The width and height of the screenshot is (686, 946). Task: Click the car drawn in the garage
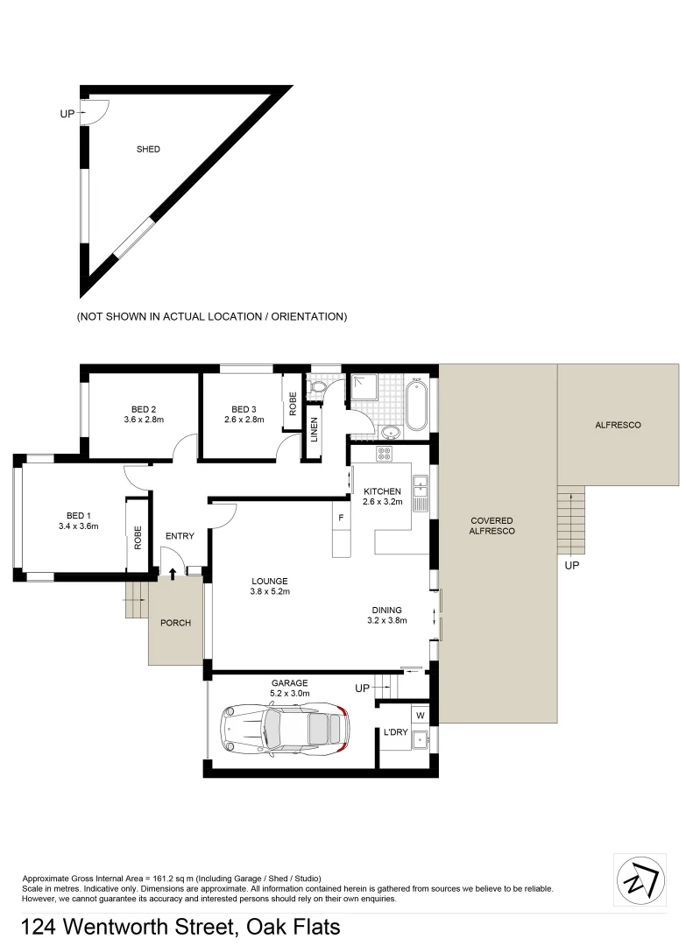283,730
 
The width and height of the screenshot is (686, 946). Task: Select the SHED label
148,149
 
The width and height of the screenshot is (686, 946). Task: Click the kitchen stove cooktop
384,453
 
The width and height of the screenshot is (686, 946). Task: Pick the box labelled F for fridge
341,518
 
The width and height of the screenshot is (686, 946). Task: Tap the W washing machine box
419,715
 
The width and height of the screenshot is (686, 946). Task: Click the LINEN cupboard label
314,428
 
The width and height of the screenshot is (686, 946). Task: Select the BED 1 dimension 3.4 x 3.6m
77,526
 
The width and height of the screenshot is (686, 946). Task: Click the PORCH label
175,623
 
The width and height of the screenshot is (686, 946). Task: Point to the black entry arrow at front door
172,573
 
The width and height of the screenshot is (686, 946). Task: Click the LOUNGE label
270,581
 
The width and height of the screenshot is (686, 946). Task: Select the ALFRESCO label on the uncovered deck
618,425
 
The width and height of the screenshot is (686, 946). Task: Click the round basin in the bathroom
390,431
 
